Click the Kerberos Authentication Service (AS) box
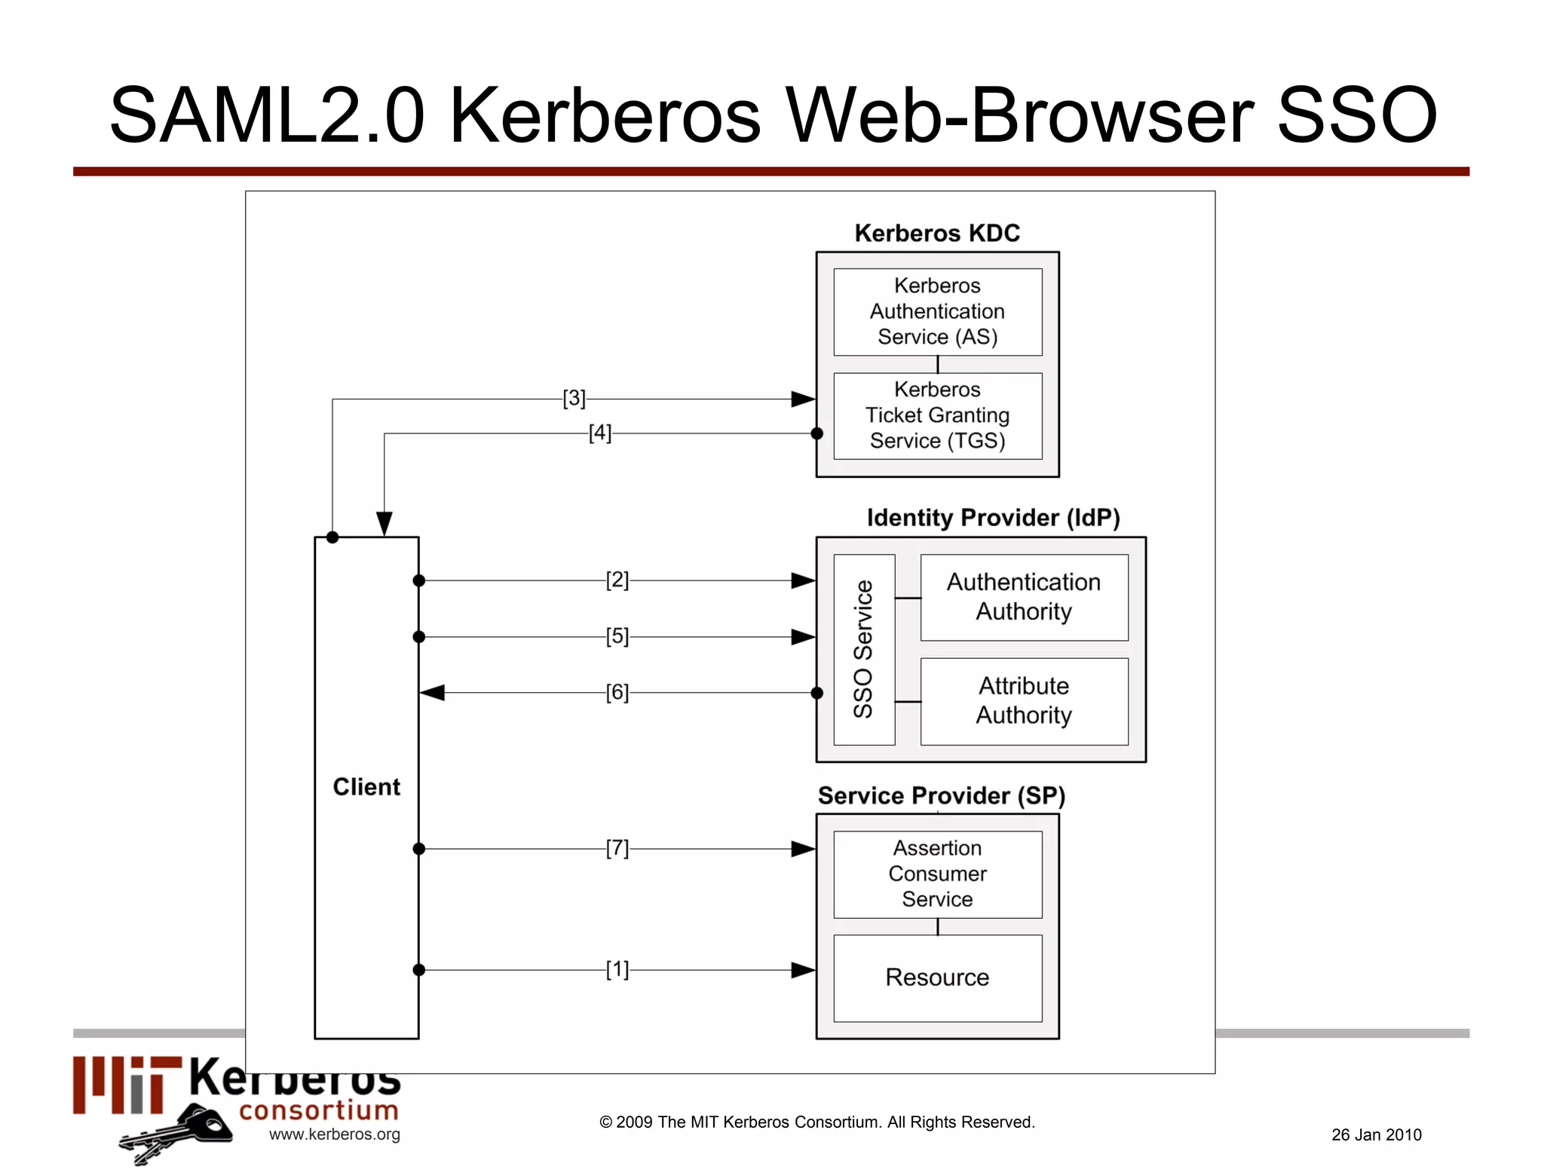[x=937, y=311]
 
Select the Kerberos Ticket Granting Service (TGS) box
[x=937, y=415]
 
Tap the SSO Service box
[x=864, y=649]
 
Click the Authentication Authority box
[x=1023, y=597]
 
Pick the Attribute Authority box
[x=1023, y=700]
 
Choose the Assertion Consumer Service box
[x=937, y=874]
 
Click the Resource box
[x=937, y=977]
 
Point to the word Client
[x=366, y=787]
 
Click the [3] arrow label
[x=574, y=398]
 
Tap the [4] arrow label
[x=600, y=433]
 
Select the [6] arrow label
[x=617, y=692]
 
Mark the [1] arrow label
[x=617, y=969]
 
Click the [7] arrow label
[x=617, y=848]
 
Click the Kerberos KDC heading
[x=937, y=233]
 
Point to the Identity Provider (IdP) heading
[x=993, y=518]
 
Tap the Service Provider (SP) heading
[x=941, y=795]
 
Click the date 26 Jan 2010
[x=1376, y=1135]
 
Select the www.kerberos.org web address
[x=334, y=1134]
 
